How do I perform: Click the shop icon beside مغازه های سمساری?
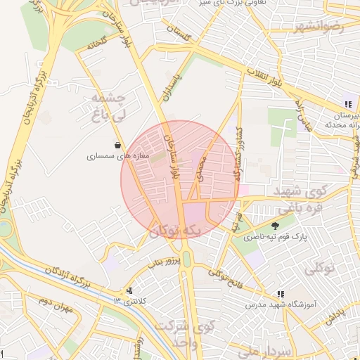coord(127,146)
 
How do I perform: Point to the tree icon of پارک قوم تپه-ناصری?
coord(274,226)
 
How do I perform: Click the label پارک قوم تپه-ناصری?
coord(271,238)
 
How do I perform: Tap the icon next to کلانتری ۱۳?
coord(129,290)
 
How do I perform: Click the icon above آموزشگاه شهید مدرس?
coord(281,294)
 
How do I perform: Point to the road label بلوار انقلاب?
coord(266,78)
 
